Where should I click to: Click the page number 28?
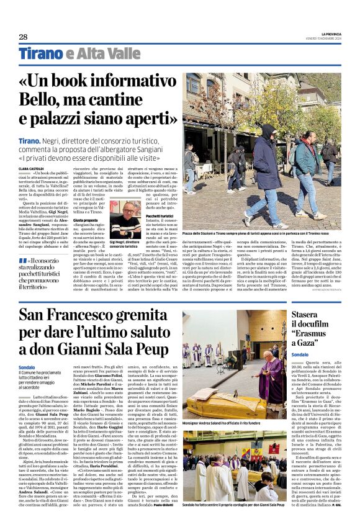coord(23,37)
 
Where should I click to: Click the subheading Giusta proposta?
coord(87,220)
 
